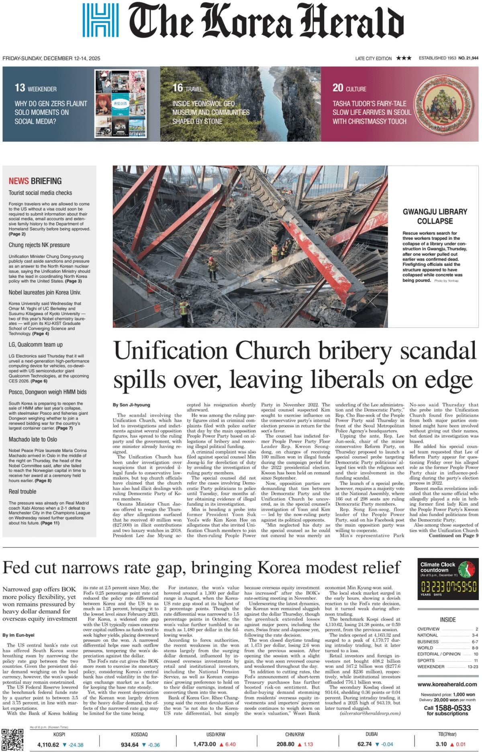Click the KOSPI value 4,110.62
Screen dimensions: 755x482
tap(48, 744)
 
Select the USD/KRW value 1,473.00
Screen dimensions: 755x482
tap(204, 744)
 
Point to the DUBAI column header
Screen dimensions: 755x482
tap(372, 734)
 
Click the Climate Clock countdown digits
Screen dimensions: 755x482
tap(449, 586)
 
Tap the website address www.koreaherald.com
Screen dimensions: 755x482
tap(447, 684)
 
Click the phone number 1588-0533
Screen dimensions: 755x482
tap(453, 708)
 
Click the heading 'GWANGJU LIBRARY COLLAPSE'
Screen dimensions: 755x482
tap(435, 216)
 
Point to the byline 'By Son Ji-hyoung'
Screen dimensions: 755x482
tap(131, 405)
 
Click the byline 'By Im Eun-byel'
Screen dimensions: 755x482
tap(18, 635)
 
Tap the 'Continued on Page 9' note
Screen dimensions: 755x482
tap(453, 535)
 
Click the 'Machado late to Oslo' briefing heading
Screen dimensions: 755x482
tap(33, 439)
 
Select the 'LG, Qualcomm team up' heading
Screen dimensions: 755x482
tap(36, 345)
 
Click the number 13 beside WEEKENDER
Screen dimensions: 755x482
tap(20, 88)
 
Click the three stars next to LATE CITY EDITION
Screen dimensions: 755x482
tap(404, 58)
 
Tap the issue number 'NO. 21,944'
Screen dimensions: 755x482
tap(468, 58)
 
